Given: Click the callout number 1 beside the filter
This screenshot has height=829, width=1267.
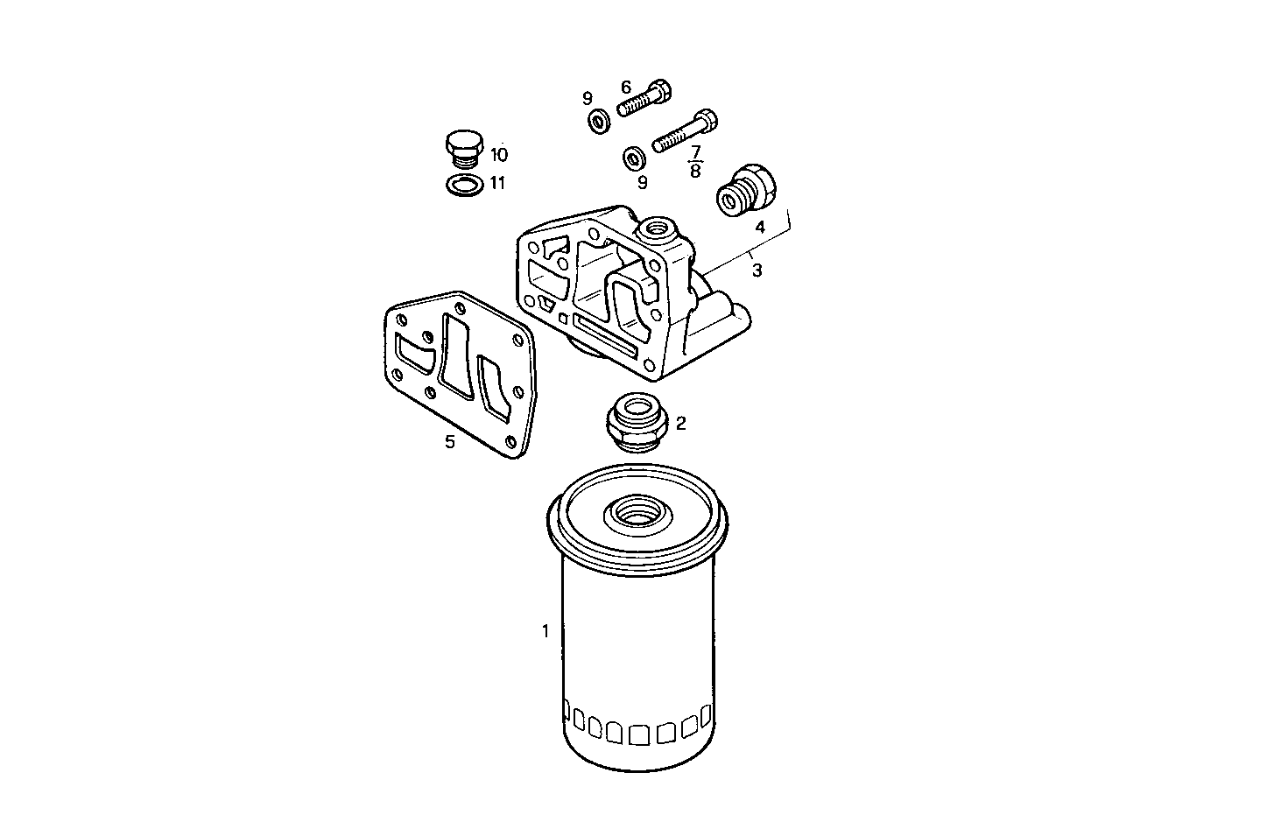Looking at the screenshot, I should [x=546, y=630].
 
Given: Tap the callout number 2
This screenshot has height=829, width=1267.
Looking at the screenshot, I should [x=680, y=424].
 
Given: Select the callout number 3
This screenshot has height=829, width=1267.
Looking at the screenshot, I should [x=757, y=270].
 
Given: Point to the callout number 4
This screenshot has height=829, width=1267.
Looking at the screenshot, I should [x=760, y=227].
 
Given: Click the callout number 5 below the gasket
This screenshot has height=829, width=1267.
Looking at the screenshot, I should [x=449, y=442].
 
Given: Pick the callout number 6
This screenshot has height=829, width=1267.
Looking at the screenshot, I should [x=626, y=87].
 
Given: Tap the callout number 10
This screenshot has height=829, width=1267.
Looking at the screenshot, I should [x=499, y=155].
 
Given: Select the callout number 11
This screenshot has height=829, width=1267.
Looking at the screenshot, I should [x=497, y=183].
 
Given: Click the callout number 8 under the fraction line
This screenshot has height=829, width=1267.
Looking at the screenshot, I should [x=695, y=171].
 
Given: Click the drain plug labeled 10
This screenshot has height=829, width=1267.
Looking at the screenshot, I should [x=463, y=151].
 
